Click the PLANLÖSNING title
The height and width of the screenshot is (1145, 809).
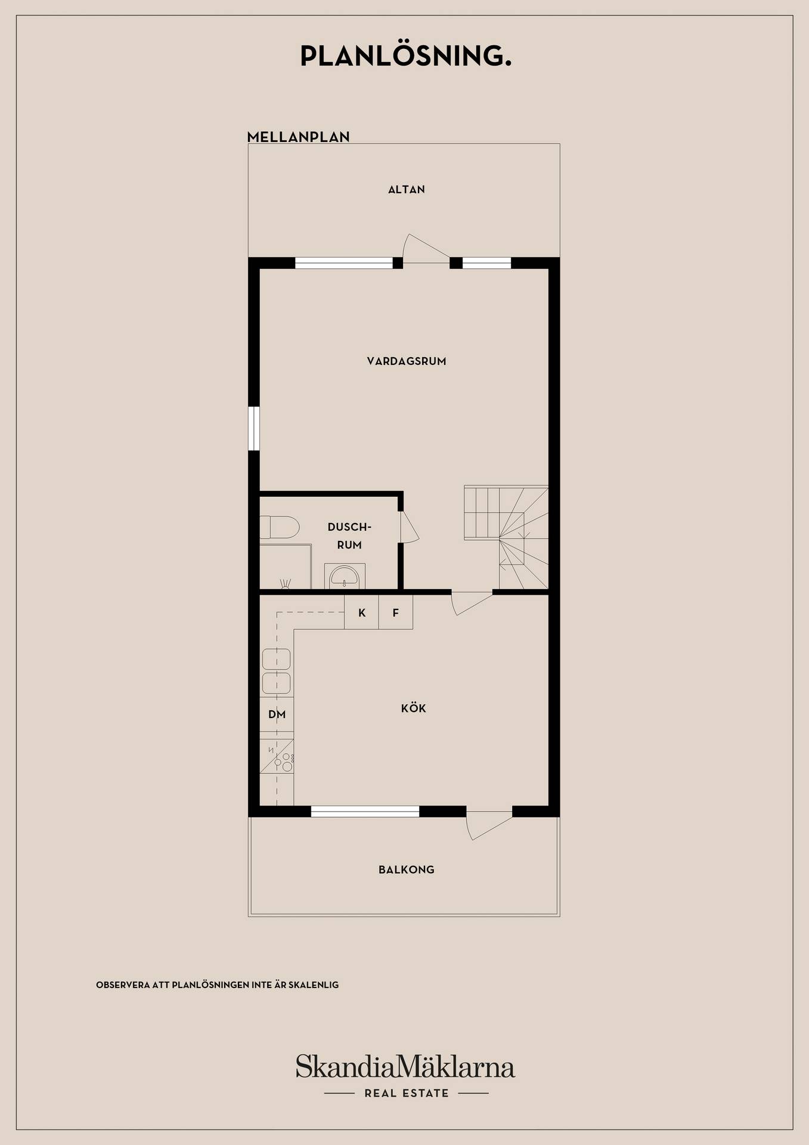click(405, 56)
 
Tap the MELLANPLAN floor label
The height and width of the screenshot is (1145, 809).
click(298, 137)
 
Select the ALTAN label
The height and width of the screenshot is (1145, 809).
click(407, 190)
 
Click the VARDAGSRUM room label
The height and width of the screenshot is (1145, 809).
click(407, 361)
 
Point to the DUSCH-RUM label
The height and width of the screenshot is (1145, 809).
click(349, 536)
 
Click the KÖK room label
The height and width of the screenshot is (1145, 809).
click(414, 708)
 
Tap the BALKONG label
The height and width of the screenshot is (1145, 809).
click(407, 869)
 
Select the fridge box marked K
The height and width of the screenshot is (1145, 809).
click(362, 612)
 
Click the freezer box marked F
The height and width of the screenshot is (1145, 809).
click(396, 612)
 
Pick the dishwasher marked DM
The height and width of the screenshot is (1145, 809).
click(277, 714)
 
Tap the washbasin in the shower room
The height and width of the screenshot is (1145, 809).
click(345, 576)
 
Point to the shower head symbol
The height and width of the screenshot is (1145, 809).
click(286, 583)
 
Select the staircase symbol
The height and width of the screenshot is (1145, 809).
click(506, 537)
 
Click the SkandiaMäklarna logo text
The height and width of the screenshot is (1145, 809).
click(405, 1066)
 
